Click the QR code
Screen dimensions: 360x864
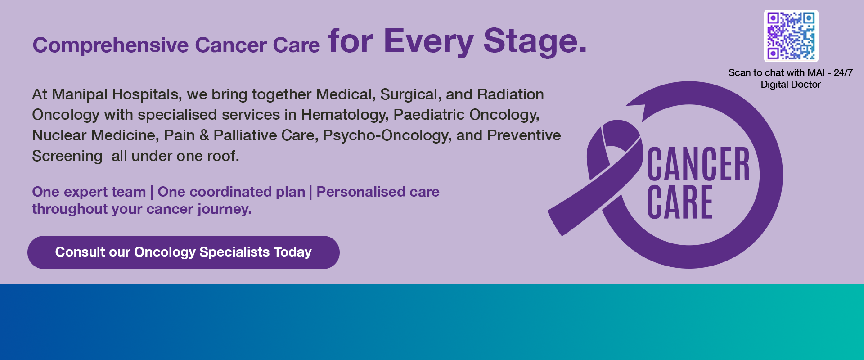[791, 36]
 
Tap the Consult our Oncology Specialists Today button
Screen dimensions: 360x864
[183, 252]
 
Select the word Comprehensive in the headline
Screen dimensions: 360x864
[110, 45]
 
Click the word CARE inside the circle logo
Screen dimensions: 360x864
[679, 203]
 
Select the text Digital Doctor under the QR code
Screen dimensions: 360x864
[791, 85]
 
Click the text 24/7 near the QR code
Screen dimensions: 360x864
[843, 73]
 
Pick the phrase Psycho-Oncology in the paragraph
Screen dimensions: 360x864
[387, 135]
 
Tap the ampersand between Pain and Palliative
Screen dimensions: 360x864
[204, 135]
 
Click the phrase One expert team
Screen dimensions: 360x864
[89, 192]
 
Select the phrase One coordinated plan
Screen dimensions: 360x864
[231, 192]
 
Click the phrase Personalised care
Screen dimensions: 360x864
[378, 192]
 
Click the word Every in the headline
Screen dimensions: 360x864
[428, 41]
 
